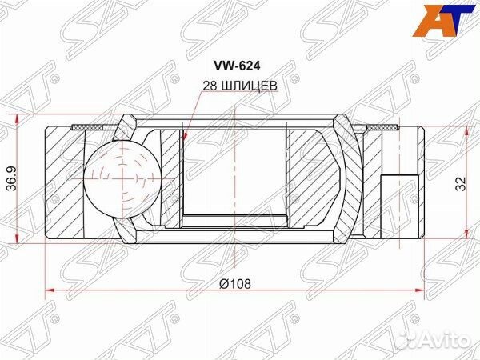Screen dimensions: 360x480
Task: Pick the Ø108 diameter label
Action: pos(235,283)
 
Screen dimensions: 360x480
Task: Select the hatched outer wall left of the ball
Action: pos(64,179)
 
